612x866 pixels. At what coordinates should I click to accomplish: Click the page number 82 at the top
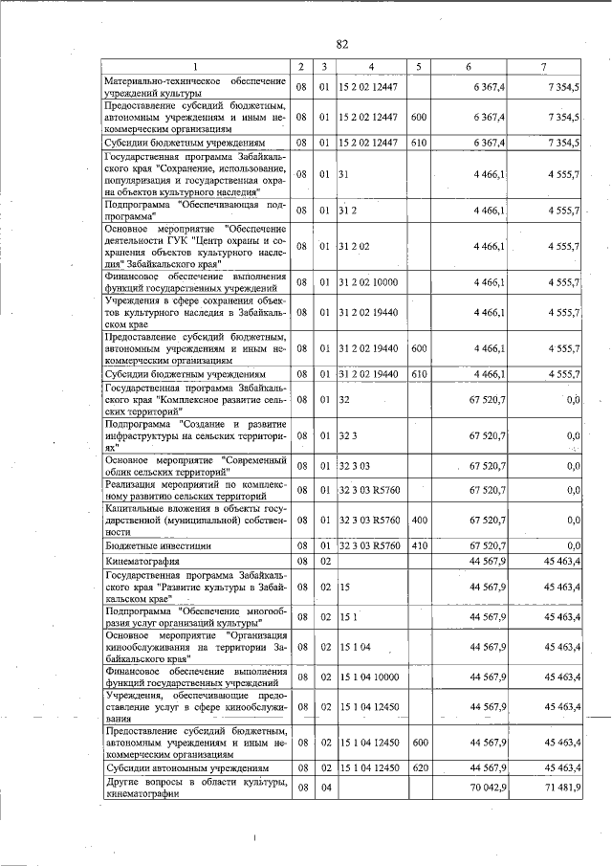point(342,44)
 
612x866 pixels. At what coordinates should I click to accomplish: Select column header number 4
point(371,67)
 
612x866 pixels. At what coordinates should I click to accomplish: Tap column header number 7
point(542,67)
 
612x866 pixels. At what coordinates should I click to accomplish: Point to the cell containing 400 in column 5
point(418,521)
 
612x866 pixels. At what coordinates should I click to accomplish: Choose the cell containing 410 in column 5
point(418,545)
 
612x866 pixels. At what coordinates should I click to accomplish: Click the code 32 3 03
point(354,466)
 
